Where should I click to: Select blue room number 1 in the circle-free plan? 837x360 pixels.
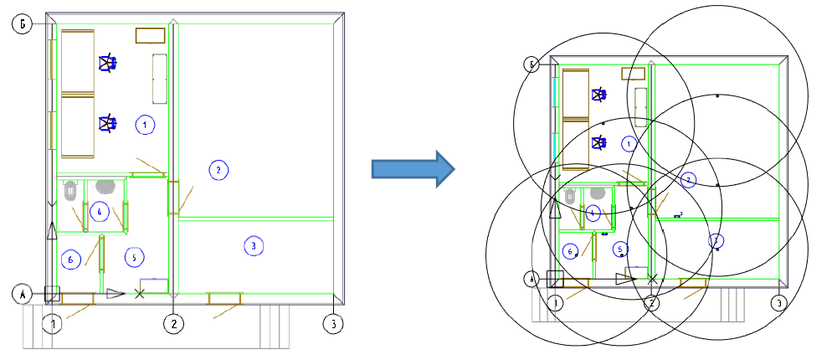[145, 125]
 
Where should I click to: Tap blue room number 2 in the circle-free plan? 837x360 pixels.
[218, 170]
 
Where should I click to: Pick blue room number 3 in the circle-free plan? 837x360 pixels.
[253, 245]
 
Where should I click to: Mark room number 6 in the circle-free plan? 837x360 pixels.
[71, 260]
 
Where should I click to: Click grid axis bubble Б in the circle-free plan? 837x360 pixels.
[22, 25]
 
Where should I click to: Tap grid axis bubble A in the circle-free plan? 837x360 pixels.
[22, 294]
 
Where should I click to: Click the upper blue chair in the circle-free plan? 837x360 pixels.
[107, 63]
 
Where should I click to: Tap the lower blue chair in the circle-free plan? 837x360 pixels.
[107, 124]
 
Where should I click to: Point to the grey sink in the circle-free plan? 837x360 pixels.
[105, 186]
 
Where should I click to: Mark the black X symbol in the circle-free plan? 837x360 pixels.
[140, 293]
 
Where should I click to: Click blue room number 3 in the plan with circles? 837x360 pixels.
[716, 240]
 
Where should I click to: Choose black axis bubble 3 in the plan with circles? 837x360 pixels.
[778, 302]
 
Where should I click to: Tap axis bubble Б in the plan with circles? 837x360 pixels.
[530, 64]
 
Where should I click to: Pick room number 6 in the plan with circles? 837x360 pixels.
[570, 250]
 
